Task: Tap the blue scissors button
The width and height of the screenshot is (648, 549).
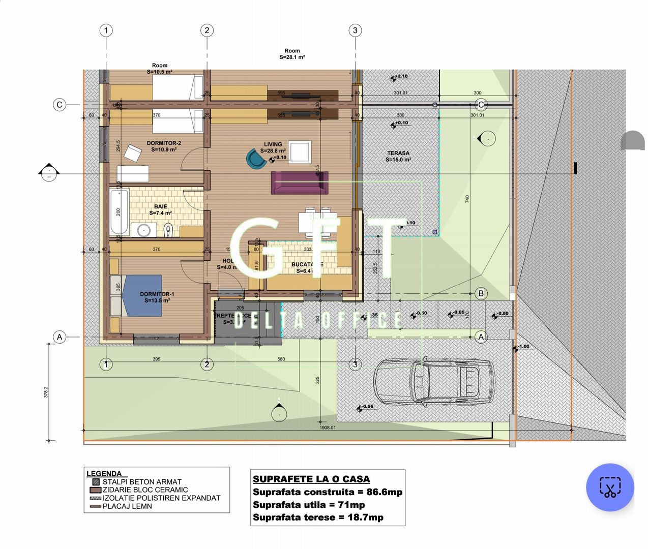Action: coord(610,487)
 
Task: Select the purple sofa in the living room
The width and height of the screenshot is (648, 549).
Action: coord(299,182)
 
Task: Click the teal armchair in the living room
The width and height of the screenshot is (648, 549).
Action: coord(256,159)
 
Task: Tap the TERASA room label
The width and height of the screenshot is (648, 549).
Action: coord(398,156)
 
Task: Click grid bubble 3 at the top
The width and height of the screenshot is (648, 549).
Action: coord(355,30)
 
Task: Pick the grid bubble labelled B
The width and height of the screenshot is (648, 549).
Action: coord(481,293)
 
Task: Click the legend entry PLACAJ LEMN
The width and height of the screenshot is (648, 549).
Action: coord(127,506)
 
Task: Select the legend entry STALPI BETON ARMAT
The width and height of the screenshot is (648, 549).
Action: coord(141,482)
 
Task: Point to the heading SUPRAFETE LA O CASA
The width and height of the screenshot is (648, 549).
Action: coord(311,479)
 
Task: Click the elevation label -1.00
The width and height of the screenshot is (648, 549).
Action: coord(523,346)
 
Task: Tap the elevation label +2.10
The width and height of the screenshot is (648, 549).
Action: coord(401,76)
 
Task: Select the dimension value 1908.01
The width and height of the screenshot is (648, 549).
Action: coord(328,428)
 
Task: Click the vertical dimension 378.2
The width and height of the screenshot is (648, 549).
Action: coord(46,392)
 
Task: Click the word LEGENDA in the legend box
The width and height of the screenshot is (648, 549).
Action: coord(104,474)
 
